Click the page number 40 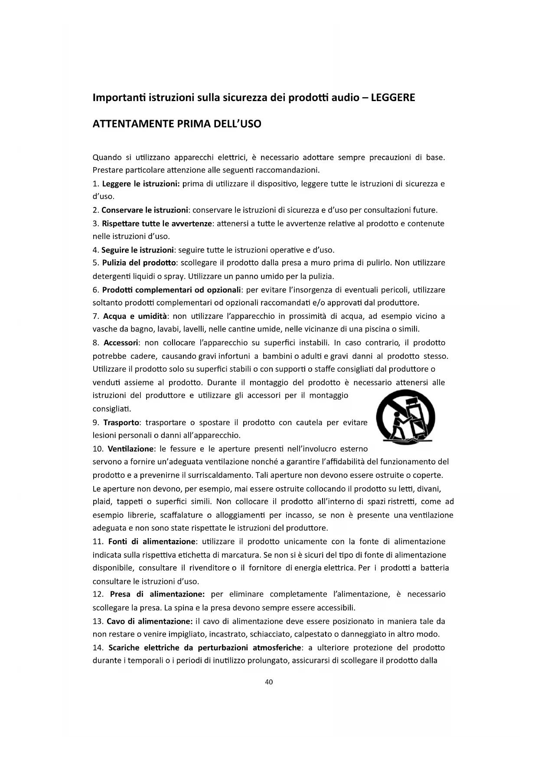269,682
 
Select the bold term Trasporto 121,423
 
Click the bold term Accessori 121,343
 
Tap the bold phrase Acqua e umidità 135,316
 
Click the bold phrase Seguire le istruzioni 137,250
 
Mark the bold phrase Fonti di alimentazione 152,541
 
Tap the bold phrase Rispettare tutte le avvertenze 157,224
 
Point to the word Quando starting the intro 107,157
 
